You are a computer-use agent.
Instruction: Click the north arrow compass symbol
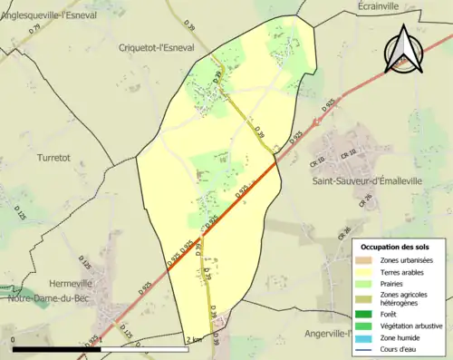(405, 50)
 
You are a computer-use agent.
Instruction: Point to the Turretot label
(54, 157)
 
